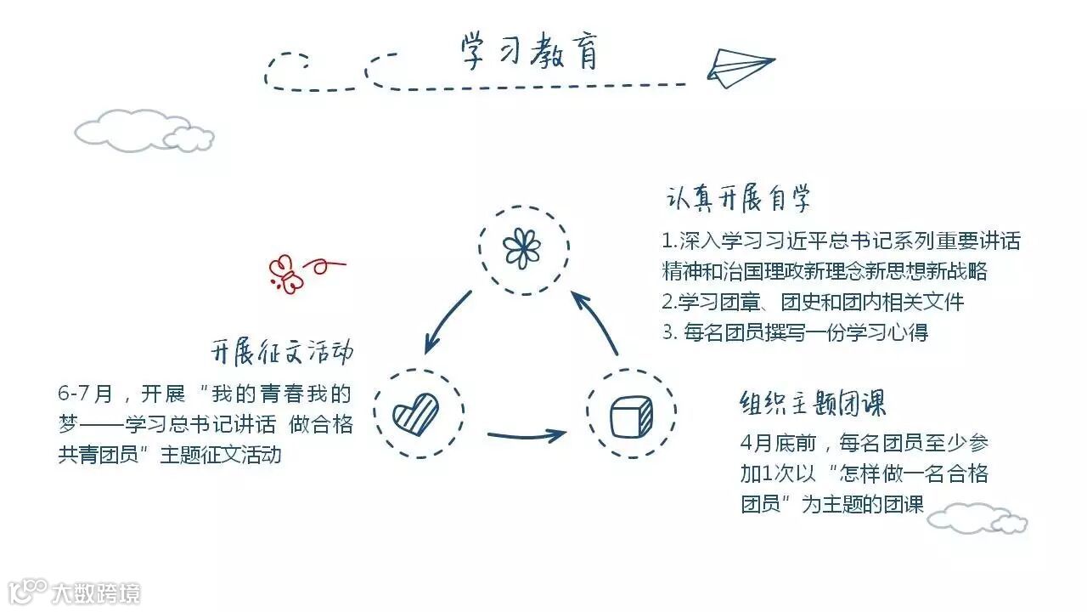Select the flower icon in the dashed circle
tap(521, 248)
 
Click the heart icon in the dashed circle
tap(416, 414)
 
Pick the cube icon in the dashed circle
tap(631, 414)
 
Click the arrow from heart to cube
tap(526, 436)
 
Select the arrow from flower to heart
tap(447, 321)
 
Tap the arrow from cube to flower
tap(596, 321)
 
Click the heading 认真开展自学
tap(738, 199)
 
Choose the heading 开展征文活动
tap(282, 351)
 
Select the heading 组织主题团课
tap(813, 402)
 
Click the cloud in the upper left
tap(143, 132)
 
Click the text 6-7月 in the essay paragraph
tap(85, 394)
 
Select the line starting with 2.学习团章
tap(813, 302)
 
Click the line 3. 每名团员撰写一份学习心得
tap(795, 331)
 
